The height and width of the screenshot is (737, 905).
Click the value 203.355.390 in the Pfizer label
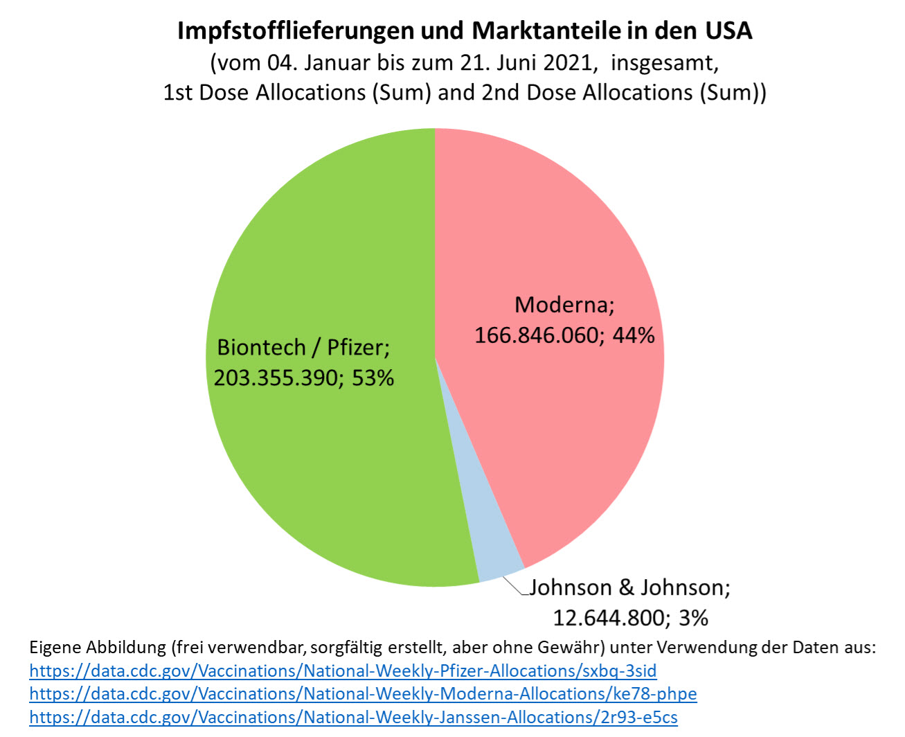click(276, 378)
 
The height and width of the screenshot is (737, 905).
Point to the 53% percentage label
click(373, 378)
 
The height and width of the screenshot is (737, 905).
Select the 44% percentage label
click(634, 336)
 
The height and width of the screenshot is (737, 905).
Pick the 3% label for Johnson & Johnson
click(693, 618)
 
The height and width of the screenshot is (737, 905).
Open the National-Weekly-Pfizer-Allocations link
click(343, 671)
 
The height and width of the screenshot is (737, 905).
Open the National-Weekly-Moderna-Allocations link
click(363, 694)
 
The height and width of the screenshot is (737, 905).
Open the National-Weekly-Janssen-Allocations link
click(353, 718)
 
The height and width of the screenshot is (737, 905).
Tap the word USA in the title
click(728, 31)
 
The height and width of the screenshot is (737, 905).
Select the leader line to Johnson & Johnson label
click(514, 585)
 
